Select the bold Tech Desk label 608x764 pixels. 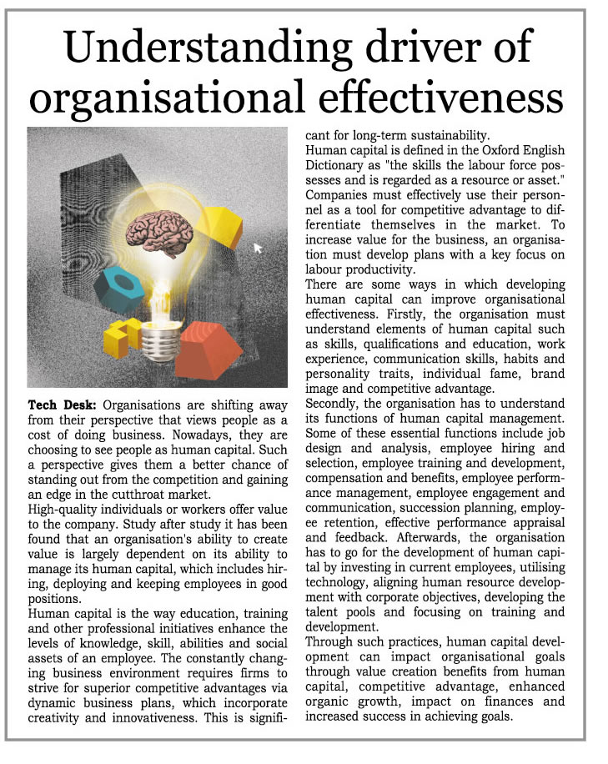pyautogui.click(x=58, y=405)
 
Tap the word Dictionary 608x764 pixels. pyautogui.click(x=342, y=165)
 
